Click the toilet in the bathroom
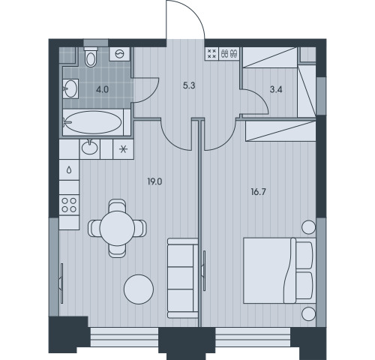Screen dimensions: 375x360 coord(90,57)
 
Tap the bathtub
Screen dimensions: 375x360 coord(93,122)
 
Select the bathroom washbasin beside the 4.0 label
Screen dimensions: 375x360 coord(70,88)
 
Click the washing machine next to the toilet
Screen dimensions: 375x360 coord(120,54)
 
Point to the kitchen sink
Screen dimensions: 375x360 coord(89,148)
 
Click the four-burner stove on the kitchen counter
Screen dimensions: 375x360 coord(69,205)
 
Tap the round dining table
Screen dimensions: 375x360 coord(117,228)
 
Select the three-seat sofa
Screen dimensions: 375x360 coord(182,278)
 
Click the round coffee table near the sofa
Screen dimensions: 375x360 coord(139,289)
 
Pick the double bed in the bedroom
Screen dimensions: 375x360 coord(280,271)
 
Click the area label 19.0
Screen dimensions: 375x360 coord(154,181)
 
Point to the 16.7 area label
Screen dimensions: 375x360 coord(259,192)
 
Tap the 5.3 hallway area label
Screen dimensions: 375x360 coord(189,85)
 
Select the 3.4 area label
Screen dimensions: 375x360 coord(276,89)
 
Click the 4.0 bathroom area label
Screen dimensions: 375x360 coord(103,89)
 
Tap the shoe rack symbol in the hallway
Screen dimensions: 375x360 coord(229,53)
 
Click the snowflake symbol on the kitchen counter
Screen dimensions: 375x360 coord(123,149)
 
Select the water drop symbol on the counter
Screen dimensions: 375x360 coord(69,170)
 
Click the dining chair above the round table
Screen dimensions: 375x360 coord(117,206)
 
